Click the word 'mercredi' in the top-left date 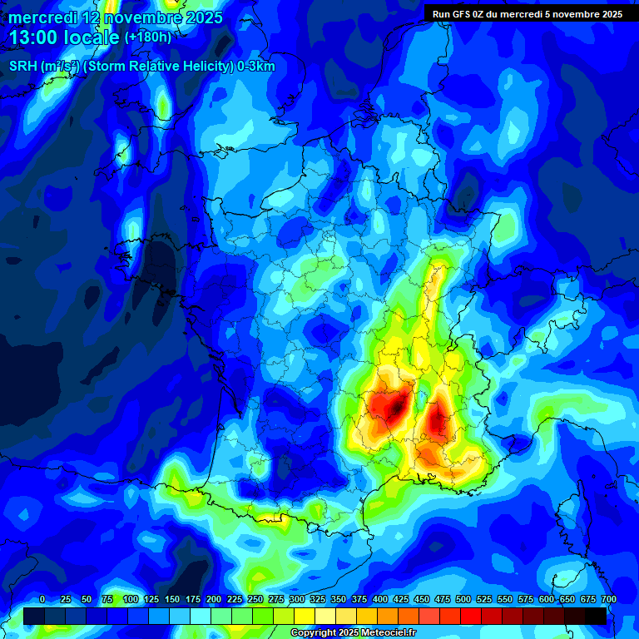point(42,17)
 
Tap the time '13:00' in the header point(32,38)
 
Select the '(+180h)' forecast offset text point(147,37)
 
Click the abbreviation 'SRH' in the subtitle point(22,67)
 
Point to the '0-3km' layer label point(256,67)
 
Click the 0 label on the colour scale point(42,599)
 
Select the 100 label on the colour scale point(131,599)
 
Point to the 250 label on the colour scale point(255,599)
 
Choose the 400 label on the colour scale point(380,599)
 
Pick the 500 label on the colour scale point(463,599)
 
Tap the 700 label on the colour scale point(608,599)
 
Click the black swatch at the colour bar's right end point(595,616)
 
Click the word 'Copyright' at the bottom point(315,633)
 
